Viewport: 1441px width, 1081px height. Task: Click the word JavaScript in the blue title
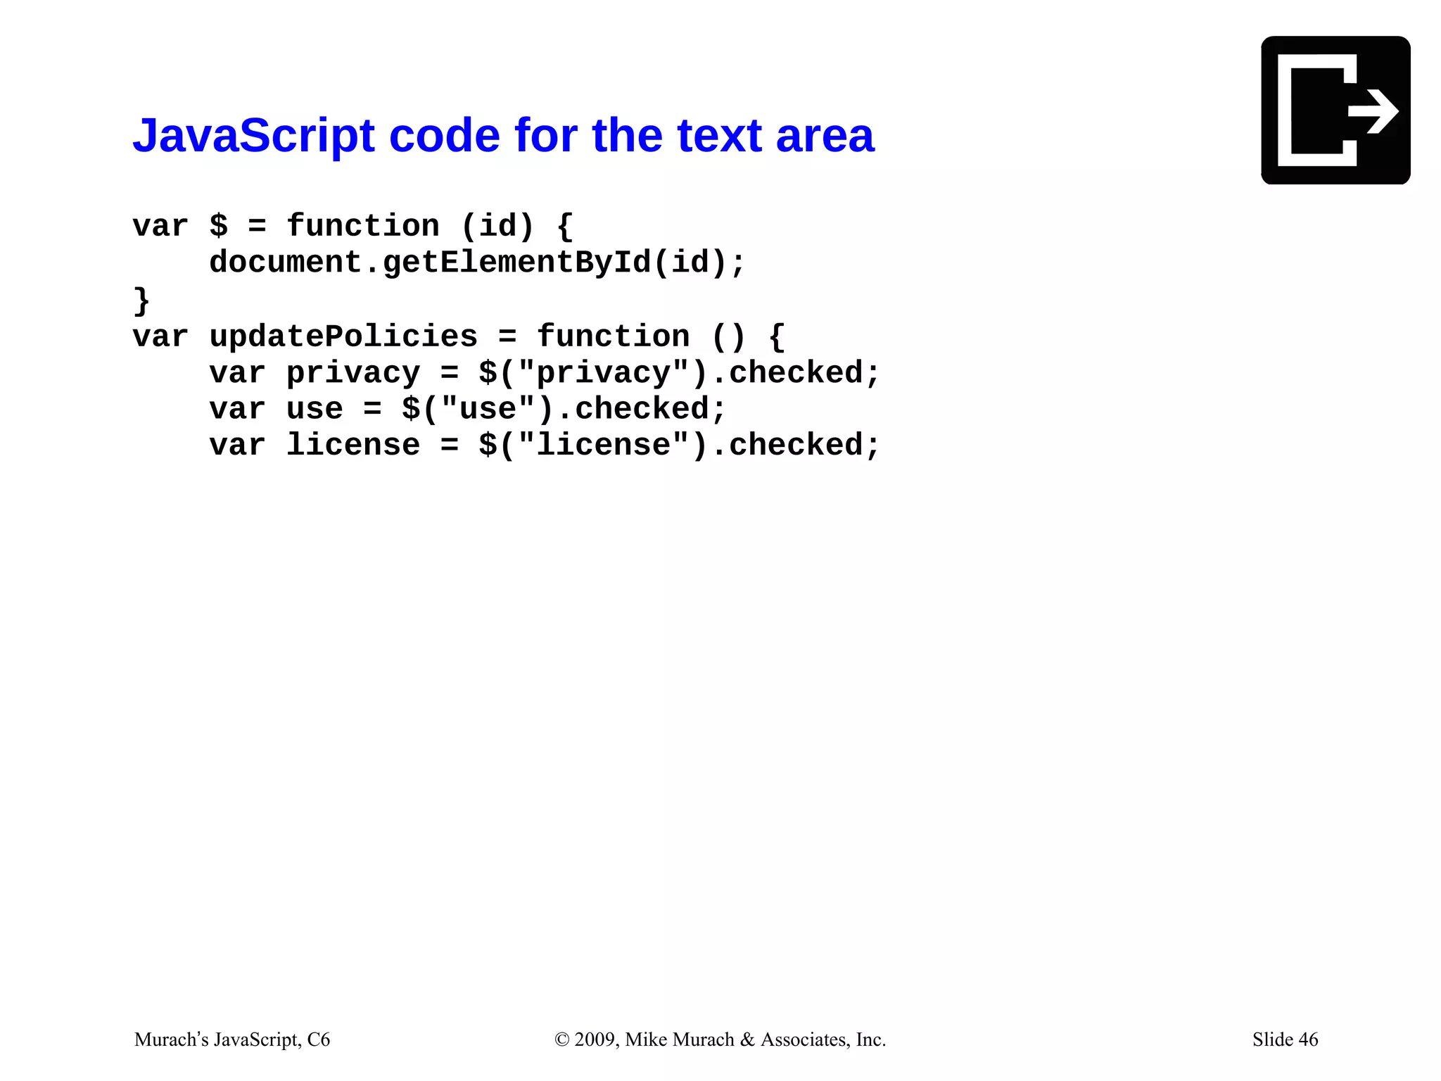pyautogui.click(x=253, y=135)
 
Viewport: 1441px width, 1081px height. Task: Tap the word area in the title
pyautogui.click(x=825, y=135)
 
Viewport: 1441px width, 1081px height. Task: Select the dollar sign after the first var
pyautogui.click(x=219, y=226)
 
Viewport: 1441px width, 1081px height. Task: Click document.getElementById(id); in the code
pyautogui.click(x=476, y=263)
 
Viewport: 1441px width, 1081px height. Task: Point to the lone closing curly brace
pyautogui.click(x=141, y=300)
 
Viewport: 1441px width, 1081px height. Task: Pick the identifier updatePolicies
pyautogui.click(x=343, y=336)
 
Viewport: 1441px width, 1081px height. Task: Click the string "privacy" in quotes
pyautogui.click(x=603, y=373)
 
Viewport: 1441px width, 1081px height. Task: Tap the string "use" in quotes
pyautogui.click(x=488, y=409)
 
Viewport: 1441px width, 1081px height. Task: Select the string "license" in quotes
pyautogui.click(x=603, y=445)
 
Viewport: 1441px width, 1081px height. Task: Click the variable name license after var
pyautogui.click(x=353, y=445)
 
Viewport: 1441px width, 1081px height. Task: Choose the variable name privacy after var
pyautogui.click(x=353, y=373)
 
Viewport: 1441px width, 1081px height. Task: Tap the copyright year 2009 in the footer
pyautogui.click(x=596, y=1039)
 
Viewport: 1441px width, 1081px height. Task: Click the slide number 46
pyautogui.click(x=1308, y=1039)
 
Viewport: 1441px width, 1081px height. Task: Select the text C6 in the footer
pyautogui.click(x=319, y=1039)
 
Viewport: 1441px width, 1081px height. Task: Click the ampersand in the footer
pyautogui.click(x=747, y=1039)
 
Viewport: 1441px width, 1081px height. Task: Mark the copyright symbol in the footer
pyautogui.click(x=561, y=1039)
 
